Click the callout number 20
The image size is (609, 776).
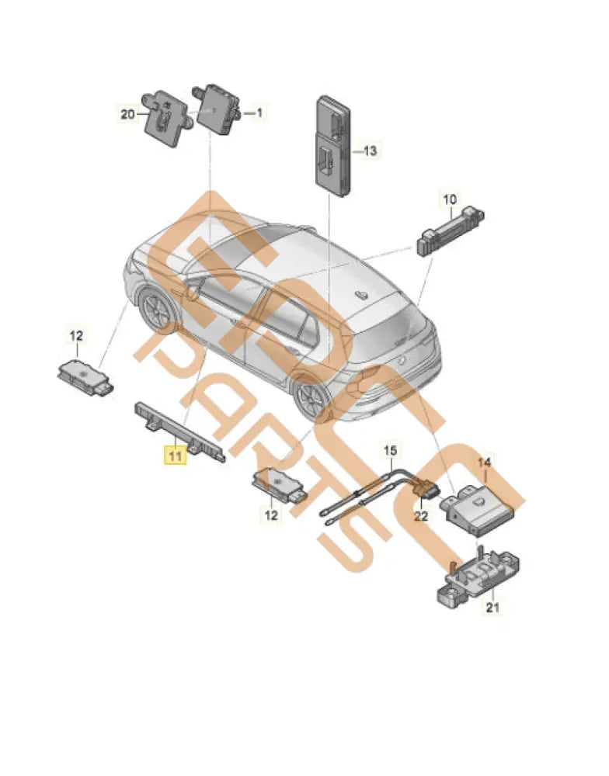pos(128,114)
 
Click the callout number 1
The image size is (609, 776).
pos(259,113)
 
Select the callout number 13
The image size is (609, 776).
pos(369,151)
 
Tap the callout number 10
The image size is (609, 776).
pos(449,199)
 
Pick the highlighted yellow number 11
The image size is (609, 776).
pos(173,456)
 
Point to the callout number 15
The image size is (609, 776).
pos(390,449)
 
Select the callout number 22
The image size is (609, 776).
pos(420,515)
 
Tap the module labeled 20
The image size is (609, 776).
pos(165,117)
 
